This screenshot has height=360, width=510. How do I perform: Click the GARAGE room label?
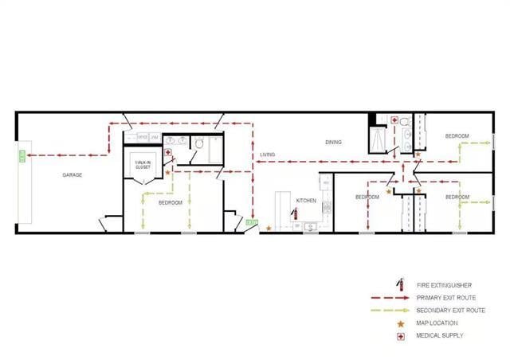(x=73, y=175)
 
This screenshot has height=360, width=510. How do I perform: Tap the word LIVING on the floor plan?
(x=268, y=155)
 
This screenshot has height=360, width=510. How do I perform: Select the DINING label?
(x=333, y=143)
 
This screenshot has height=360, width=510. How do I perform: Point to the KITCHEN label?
(x=307, y=201)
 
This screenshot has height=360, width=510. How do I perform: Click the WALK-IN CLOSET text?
(x=143, y=165)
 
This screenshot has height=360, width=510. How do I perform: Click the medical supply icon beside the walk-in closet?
(x=167, y=152)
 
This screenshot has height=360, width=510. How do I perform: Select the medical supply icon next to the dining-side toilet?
(x=394, y=120)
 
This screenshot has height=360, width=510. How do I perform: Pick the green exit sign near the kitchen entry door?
(x=251, y=224)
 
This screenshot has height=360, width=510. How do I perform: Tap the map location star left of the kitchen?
(x=269, y=229)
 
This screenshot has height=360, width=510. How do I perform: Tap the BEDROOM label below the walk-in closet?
(x=171, y=203)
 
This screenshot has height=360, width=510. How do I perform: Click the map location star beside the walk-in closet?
(x=167, y=172)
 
